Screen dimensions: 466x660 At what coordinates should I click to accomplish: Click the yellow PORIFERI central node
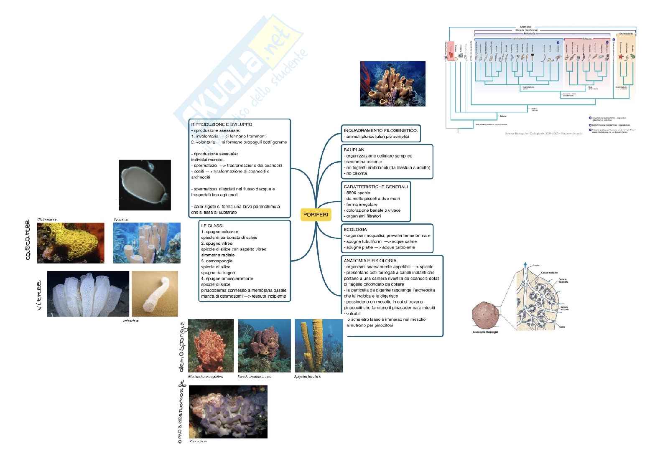coord(316,215)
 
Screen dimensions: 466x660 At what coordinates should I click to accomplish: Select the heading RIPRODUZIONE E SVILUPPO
coord(222,124)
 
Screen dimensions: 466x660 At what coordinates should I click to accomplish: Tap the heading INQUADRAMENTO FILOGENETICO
coord(380,131)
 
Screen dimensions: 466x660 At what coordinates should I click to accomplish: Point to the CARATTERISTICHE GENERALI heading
coord(375,187)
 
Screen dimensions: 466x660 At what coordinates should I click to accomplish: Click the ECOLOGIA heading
coord(355,230)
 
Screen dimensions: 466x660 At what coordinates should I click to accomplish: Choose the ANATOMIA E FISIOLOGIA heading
coord(370,261)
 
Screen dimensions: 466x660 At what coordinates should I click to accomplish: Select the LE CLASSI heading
coord(212,225)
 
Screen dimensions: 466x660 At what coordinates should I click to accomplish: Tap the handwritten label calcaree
coord(28,240)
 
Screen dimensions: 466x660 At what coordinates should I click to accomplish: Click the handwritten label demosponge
coord(181,347)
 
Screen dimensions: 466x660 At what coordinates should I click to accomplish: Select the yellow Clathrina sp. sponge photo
coord(71,243)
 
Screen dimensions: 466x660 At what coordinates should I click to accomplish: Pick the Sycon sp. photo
coord(147,243)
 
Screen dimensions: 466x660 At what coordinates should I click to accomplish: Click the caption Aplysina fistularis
coord(307,376)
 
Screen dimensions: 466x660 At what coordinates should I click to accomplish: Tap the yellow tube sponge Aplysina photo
coord(319,345)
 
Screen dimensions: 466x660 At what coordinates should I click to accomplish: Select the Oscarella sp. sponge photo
coord(228,411)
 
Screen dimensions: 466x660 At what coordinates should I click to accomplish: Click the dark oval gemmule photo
coord(145,185)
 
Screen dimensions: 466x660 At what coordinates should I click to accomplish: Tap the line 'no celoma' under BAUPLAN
coord(356,173)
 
